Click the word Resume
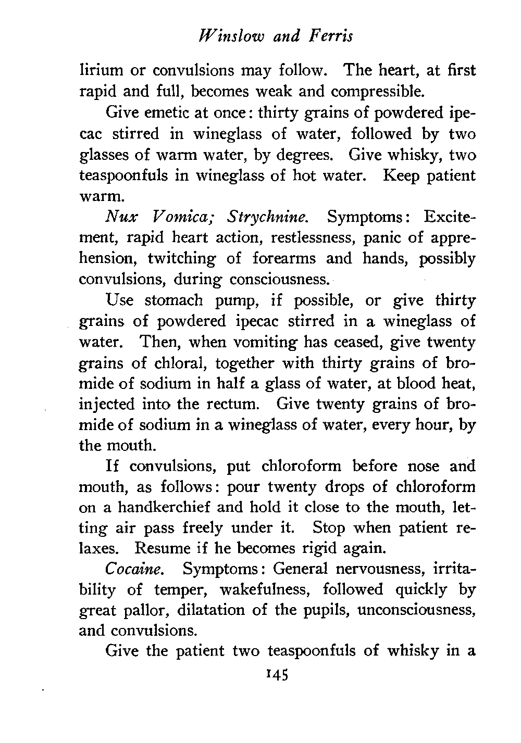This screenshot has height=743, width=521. pos(161,549)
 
